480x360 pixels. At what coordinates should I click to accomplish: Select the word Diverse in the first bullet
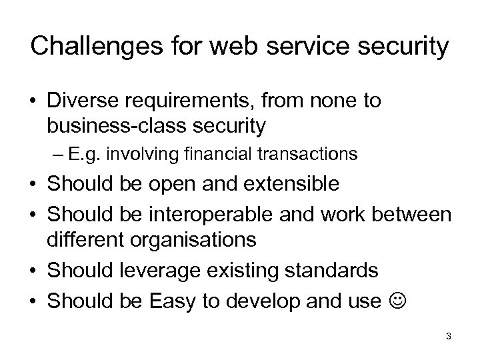click(81, 101)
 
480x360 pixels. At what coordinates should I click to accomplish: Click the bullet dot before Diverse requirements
click(33, 102)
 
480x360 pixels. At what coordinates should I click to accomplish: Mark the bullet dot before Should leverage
click(33, 271)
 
